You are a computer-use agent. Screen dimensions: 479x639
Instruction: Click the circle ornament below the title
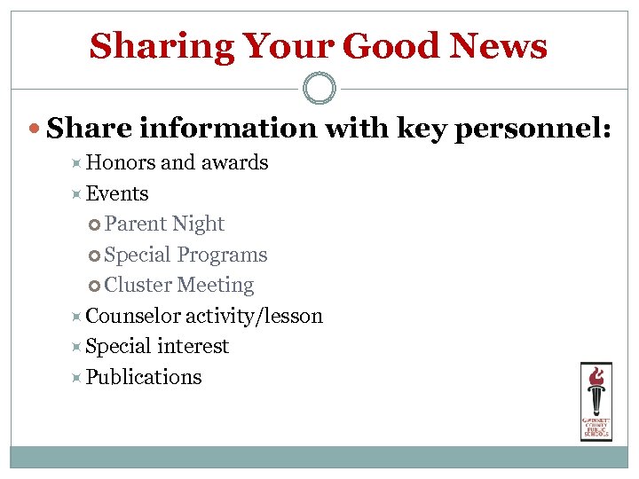[319, 88]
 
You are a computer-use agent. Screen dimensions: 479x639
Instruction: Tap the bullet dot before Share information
[35, 130]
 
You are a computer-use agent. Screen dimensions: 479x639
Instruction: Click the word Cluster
[138, 286]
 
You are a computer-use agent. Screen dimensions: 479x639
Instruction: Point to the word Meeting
[216, 286]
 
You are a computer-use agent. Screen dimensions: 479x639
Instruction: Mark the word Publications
[144, 377]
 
